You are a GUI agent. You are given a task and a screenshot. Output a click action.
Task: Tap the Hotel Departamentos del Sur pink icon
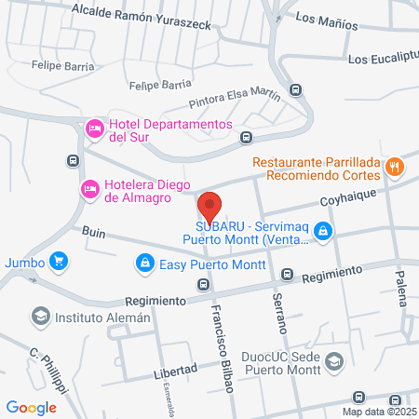point(94,128)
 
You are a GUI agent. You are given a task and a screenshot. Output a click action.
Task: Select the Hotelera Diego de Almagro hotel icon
point(89,189)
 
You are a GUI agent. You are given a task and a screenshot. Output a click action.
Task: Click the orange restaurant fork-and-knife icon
point(395,168)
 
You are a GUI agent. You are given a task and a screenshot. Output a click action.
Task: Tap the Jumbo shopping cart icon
point(58,262)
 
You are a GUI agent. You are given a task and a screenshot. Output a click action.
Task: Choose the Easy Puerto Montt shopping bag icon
point(144,264)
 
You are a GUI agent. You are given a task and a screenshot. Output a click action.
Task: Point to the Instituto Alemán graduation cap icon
point(40,317)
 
